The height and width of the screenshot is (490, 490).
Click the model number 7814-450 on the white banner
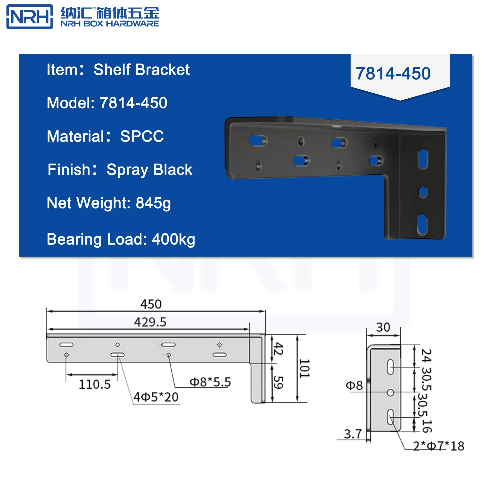click(x=393, y=73)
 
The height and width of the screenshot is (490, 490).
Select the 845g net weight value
click(x=153, y=203)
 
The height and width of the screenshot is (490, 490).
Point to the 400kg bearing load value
click(x=173, y=239)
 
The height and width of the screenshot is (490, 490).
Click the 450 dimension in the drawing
click(x=151, y=304)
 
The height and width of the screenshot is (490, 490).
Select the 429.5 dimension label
click(x=150, y=322)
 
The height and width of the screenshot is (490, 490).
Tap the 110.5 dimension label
click(x=95, y=384)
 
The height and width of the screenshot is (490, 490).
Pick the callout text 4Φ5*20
click(x=156, y=397)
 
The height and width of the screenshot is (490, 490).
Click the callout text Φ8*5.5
click(x=210, y=382)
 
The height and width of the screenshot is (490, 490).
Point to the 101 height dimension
click(x=304, y=368)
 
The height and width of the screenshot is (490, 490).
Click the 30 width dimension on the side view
click(x=383, y=327)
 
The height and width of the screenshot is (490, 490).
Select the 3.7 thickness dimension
click(x=353, y=434)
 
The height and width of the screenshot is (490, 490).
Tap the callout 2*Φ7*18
click(x=438, y=446)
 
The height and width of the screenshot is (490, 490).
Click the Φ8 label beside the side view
click(x=354, y=386)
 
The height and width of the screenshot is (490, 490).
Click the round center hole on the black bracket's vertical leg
click(x=423, y=192)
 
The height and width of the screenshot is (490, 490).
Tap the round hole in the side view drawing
click(x=390, y=393)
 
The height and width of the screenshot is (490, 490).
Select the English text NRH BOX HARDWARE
click(x=110, y=24)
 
